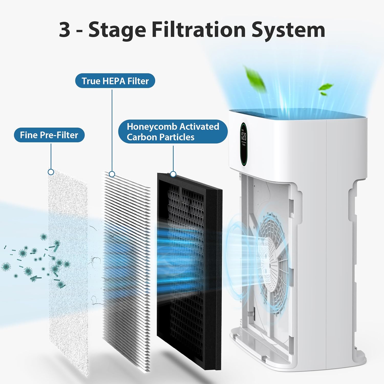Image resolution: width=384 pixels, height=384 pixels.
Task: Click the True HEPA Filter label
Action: (x=115, y=81)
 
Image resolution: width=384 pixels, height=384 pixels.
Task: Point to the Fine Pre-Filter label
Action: (x=49, y=135)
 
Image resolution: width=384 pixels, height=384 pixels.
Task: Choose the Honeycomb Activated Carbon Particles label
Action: (x=173, y=132)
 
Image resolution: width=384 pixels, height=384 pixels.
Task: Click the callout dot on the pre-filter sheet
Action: (x=51, y=172)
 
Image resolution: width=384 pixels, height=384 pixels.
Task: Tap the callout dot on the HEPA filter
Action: (x=112, y=174)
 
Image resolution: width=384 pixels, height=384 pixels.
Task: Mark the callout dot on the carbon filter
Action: (x=173, y=174)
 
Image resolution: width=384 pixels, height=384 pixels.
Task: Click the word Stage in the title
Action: (x=117, y=30)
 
